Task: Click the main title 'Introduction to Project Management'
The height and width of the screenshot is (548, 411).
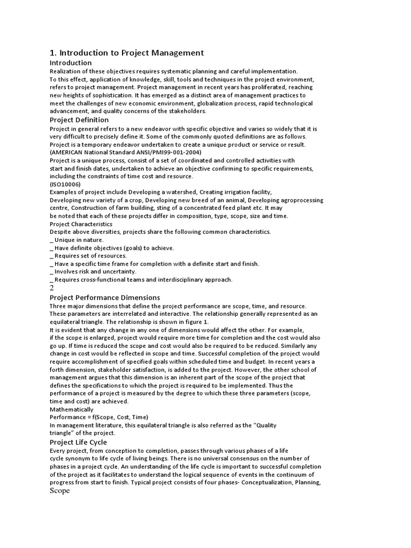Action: tap(127, 52)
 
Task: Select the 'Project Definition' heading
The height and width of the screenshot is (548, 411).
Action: tap(79, 120)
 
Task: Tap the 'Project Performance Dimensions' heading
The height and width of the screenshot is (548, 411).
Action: tap(105, 298)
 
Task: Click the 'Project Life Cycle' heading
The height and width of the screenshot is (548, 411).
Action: tap(78, 442)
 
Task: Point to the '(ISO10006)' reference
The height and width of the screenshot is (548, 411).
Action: tap(65, 184)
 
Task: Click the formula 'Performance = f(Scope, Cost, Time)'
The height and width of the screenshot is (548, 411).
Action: tap(99, 417)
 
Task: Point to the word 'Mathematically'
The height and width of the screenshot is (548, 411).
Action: tap(72, 409)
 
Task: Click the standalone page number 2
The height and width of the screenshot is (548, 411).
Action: tap(52, 288)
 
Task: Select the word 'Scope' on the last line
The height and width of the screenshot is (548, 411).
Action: tap(60, 491)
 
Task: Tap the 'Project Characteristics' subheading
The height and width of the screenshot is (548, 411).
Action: tap(81, 224)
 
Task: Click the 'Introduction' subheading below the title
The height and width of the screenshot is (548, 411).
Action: tap(71, 63)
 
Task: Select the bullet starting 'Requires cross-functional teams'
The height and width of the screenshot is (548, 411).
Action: tap(141, 279)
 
